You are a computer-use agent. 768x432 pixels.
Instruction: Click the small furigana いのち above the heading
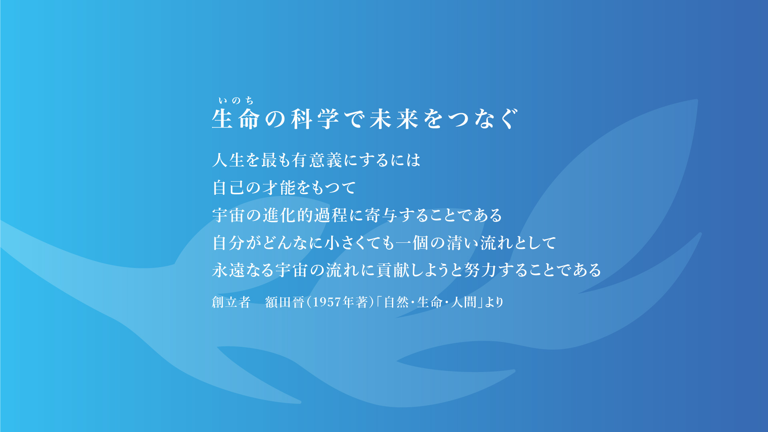tap(236, 100)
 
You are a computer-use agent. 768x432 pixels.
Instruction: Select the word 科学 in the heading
tap(315, 119)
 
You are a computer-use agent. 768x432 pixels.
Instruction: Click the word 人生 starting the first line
tap(228, 160)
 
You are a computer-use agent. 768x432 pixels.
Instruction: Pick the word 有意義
tap(317, 160)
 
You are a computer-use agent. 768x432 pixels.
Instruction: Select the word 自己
tap(228, 188)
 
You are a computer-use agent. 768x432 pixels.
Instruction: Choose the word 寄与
tap(380, 215)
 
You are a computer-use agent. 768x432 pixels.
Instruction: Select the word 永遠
tap(228, 270)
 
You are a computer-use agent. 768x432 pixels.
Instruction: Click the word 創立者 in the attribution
tap(231, 302)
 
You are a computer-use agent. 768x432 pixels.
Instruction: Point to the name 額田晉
tap(285, 302)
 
